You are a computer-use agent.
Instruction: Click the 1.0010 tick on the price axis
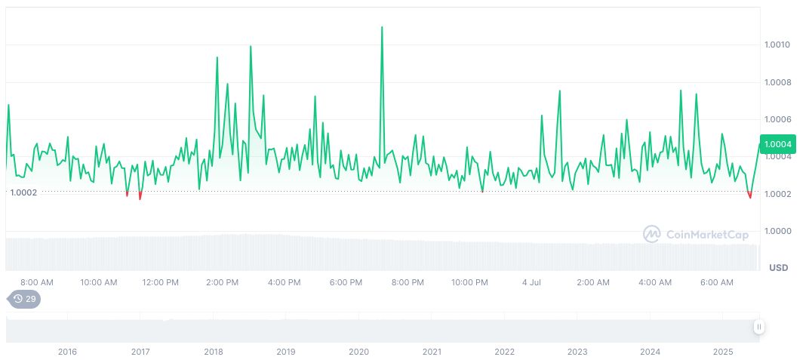click(x=777, y=45)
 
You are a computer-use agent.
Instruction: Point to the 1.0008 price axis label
click(x=777, y=82)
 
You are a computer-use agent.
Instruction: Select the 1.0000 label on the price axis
click(x=777, y=231)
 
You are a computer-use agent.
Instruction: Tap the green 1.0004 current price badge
click(x=777, y=144)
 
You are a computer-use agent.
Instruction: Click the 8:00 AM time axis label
click(x=37, y=282)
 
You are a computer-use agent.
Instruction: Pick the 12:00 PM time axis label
click(x=161, y=282)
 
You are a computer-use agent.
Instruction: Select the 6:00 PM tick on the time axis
click(x=346, y=282)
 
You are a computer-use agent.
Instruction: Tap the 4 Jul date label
click(x=531, y=282)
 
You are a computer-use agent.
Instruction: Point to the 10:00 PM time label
click(x=469, y=282)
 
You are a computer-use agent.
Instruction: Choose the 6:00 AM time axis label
click(x=717, y=282)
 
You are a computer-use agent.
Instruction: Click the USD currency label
click(x=778, y=268)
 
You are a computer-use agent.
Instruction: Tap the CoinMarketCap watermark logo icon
click(x=652, y=235)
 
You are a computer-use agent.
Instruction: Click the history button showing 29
click(x=25, y=299)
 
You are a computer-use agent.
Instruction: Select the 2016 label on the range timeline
click(x=67, y=352)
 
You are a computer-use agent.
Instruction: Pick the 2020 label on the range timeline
click(x=358, y=352)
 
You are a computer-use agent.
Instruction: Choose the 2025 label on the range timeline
click(x=723, y=352)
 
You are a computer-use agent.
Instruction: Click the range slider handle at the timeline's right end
click(x=758, y=327)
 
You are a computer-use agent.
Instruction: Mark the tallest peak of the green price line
click(x=382, y=27)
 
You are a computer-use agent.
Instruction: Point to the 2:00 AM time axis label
click(x=593, y=282)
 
